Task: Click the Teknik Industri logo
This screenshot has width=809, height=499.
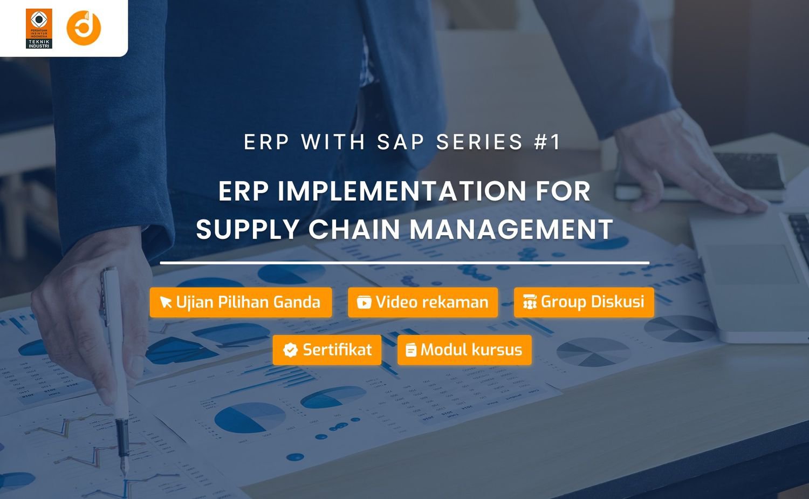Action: pos(39,29)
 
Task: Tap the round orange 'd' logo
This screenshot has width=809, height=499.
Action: pos(84,28)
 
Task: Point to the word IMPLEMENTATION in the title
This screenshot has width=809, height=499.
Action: pos(402,191)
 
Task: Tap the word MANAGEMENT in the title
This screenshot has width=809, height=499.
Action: pos(511,229)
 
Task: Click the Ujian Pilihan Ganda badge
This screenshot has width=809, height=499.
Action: pos(241,302)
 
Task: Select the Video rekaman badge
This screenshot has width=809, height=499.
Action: pos(423,302)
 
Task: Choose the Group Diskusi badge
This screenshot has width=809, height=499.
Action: pos(584,302)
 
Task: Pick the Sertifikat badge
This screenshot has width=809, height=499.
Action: pos(327,350)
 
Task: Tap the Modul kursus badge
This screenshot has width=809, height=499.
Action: pos(464,350)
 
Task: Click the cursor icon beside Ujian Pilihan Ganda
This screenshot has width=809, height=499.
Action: pos(166,303)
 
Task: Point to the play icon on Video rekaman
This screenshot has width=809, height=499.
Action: pos(364,303)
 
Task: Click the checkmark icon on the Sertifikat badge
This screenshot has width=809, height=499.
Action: pos(290,351)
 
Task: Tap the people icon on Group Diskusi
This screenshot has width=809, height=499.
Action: pos(530,303)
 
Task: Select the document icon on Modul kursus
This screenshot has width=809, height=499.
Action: pos(411,351)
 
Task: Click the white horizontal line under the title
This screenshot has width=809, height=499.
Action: pos(404,263)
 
